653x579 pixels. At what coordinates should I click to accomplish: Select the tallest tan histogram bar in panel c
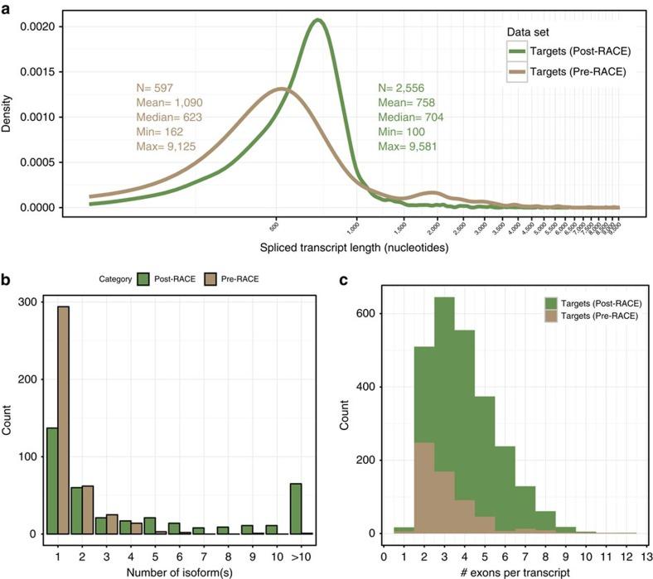coord(423,488)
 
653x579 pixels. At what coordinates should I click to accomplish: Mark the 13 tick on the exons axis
coord(646,548)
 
